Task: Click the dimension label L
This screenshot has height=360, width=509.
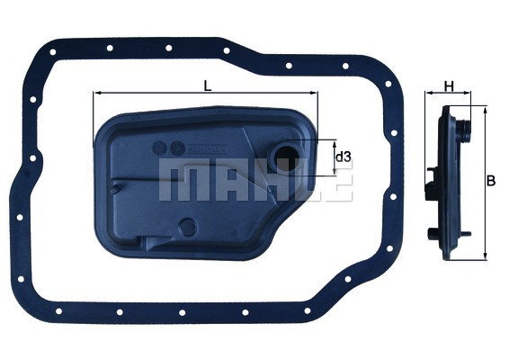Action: [x=208, y=85]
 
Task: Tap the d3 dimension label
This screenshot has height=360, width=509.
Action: [x=343, y=157]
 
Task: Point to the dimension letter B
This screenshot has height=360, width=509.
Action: [x=490, y=181]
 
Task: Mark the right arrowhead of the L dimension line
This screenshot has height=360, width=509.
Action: [x=315, y=93]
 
